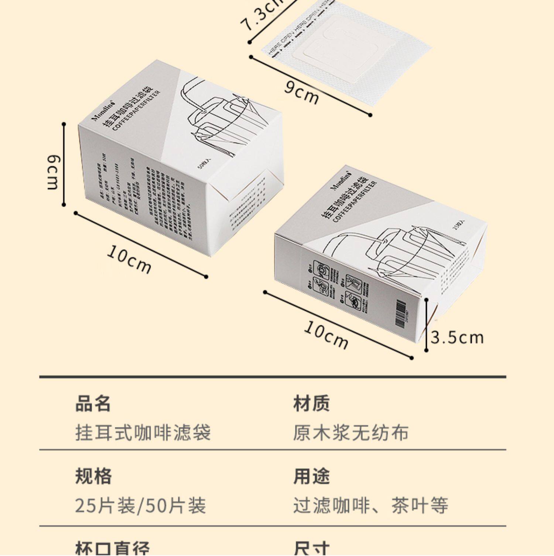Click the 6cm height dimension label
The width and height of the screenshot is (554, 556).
point(53,172)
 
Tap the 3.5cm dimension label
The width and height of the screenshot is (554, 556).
point(457,338)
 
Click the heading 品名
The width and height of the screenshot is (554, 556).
point(93,403)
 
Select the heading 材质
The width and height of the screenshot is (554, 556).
point(311,403)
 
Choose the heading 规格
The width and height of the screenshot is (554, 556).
point(93,476)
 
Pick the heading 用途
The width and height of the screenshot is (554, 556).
point(311,476)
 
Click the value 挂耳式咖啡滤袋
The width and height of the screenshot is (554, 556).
point(143,432)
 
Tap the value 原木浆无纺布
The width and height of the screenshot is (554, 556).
point(351,432)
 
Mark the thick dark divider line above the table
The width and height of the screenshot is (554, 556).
point(273,377)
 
